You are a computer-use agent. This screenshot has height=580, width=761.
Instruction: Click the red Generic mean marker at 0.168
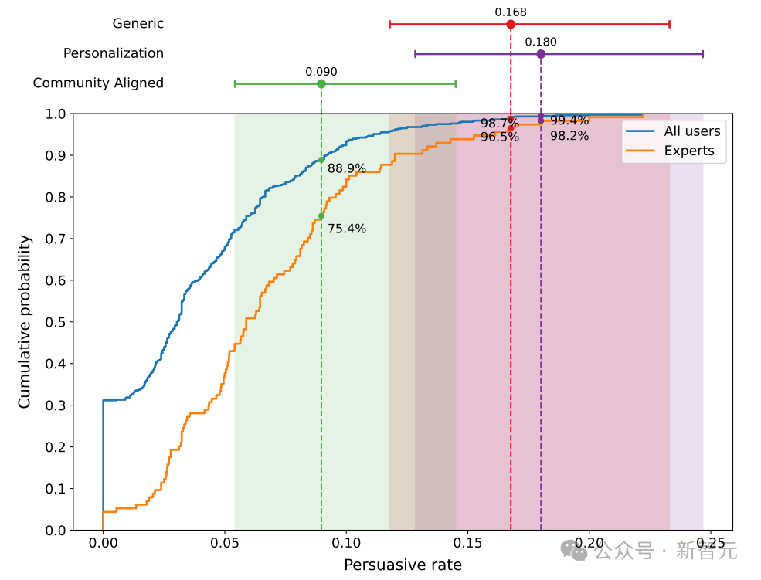tap(511, 25)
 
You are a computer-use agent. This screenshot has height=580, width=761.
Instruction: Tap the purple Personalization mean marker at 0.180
tap(541, 54)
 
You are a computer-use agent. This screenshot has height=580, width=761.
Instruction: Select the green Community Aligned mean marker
tap(321, 83)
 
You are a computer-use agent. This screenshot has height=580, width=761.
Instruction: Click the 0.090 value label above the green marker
tap(321, 72)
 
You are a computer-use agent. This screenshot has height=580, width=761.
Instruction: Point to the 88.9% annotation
tap(347, 168)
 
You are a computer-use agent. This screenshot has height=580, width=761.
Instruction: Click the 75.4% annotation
tap(347, 229)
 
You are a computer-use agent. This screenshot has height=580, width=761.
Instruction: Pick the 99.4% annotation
tap(569, 120)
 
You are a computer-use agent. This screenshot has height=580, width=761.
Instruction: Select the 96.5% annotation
tap(500, 137)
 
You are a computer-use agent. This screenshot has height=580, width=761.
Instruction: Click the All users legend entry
tap(691, 131)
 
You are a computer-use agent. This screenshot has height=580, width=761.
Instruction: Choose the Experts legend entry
tap(689, 151)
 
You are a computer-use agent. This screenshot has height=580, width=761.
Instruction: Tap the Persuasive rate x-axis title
tap(403, 565)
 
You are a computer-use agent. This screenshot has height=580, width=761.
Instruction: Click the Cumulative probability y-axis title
tap(25, 322)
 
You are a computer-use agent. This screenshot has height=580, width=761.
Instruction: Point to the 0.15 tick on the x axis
tap(468, 544)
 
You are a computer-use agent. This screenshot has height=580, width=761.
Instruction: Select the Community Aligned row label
tap(98, 83)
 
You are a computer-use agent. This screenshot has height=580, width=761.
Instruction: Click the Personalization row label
tap(114, 54)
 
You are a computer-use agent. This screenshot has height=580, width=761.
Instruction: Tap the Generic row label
tap(138, 24)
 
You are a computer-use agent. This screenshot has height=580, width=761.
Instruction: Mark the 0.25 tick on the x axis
tap(712, 544)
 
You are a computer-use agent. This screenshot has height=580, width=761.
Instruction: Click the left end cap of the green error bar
tap(235, 83)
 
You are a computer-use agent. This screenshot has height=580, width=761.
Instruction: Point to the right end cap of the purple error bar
tap(703, 54)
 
